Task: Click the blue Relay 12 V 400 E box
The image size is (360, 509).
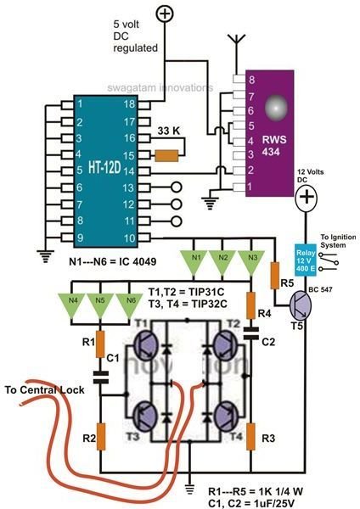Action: click(304, 257)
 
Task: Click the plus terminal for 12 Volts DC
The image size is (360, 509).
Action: click(304, 203)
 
